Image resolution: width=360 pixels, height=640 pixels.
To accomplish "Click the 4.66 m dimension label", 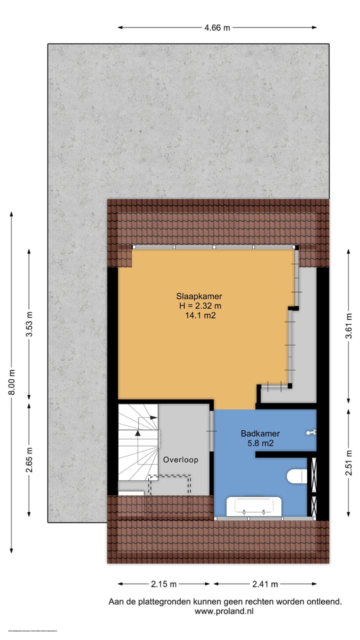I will coord(217,28).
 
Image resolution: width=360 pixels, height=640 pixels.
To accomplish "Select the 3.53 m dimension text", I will coord(29,325).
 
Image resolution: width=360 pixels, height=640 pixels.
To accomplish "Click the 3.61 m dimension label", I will coord(349,326).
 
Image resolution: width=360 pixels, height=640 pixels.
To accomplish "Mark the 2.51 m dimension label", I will coord(349,464).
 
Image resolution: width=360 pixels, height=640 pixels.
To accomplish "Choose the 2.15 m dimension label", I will coord(164,584).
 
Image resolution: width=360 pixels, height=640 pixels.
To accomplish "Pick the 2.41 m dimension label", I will coord(265,584).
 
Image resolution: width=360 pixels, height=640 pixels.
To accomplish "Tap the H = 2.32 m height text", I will coord(200,305).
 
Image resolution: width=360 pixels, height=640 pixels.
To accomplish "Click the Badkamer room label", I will coord(260,433).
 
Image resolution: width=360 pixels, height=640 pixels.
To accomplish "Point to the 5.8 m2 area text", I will coord(260,443).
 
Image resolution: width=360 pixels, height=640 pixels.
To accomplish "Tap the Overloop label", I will coord(180,459).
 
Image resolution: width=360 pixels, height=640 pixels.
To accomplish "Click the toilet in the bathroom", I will coord(297,476).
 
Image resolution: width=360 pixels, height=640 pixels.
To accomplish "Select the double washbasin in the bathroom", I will coord(253,506).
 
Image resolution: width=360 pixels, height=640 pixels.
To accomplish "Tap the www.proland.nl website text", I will coord(225,611).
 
